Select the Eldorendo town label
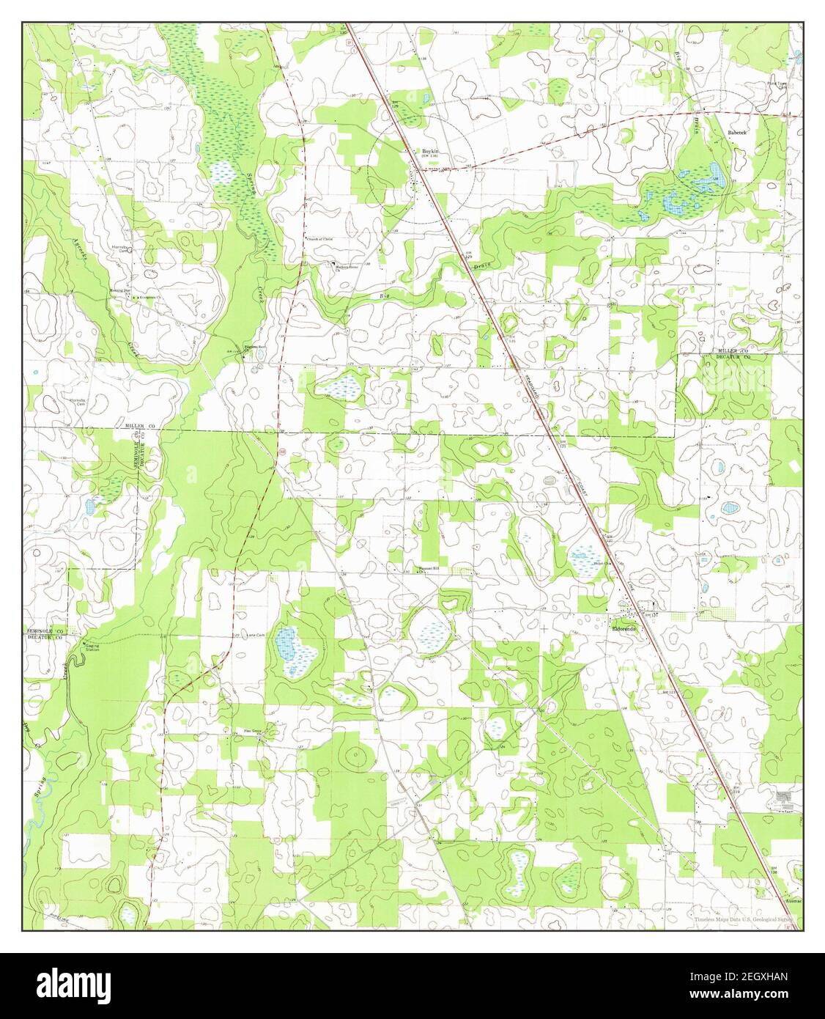coord(626,629)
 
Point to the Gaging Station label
coord(92,648)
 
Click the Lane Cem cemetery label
coord(255,636)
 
